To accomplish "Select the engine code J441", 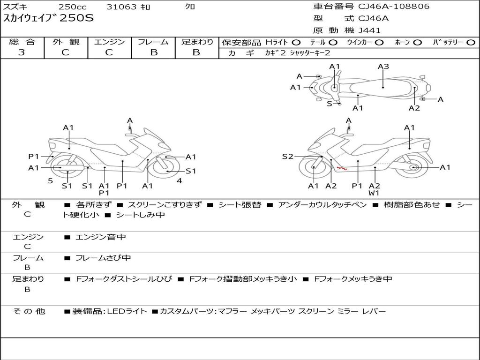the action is (x=369, y=30).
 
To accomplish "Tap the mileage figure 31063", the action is (x=121, y=7).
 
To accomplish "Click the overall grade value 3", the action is (x=22, y=52).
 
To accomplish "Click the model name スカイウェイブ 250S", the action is (x=49, y=18).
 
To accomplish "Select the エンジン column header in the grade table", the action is (x=109, y=42).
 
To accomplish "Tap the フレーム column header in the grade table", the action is (x=153, y=42).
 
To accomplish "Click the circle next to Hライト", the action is (x=296, y=42).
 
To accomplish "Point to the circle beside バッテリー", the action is (x=471, y=42).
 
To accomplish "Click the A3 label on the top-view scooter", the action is (x=383, y=67).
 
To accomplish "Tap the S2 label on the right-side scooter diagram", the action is (x=287, y=157).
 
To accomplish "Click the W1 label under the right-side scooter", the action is (x=374, y=193).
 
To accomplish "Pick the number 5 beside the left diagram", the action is (x=50, y=180).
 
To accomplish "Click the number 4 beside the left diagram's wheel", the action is (x=179, y=180).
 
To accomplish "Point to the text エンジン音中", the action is (x=101, y=237).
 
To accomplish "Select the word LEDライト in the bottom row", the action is (x=127, y=311).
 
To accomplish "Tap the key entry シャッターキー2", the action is (x=310, y=53).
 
